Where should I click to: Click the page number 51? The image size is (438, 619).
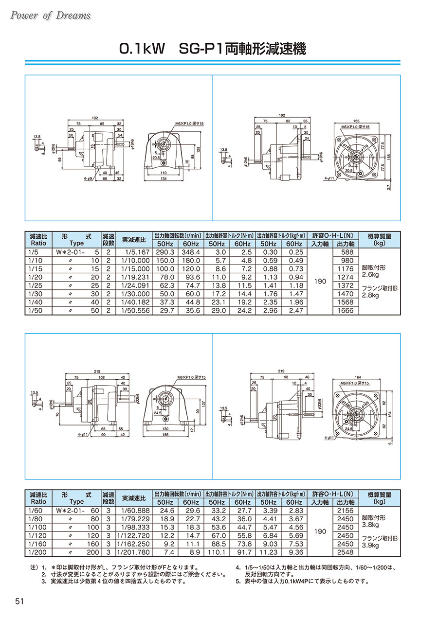(20, 601)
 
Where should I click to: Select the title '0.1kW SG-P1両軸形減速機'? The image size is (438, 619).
(213, 49)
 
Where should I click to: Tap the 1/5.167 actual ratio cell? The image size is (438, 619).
(134, 252)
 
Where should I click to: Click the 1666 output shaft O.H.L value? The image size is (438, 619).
(345, 310)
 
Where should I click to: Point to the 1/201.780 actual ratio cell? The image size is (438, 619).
(133, 552)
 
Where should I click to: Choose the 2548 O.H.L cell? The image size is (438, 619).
(345, 552)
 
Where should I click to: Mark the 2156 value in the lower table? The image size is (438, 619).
(345, 511)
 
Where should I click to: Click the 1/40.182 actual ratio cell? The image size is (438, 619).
(133, 302)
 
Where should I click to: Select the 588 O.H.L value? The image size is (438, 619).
(345, 252)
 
